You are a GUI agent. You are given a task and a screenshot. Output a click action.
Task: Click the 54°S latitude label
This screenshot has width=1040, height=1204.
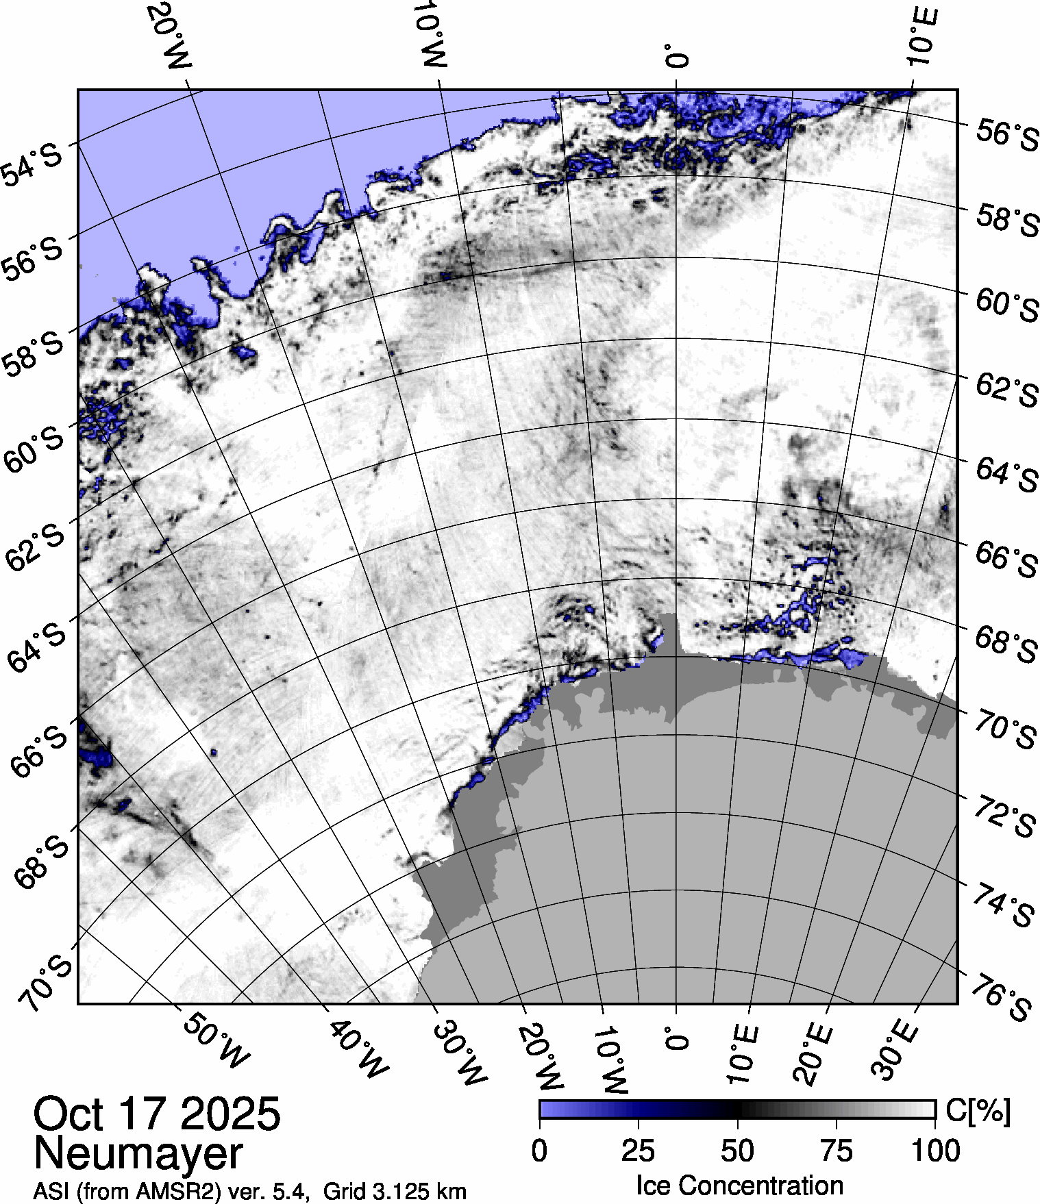(x=32, y=164)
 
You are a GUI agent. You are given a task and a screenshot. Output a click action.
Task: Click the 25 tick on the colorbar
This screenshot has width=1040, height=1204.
(x=639, y=1151)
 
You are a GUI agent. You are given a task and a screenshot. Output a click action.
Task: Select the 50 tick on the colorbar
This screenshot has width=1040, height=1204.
(x=738, y=1151)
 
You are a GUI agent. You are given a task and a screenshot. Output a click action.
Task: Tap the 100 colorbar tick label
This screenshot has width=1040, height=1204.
(x=937, y=1151)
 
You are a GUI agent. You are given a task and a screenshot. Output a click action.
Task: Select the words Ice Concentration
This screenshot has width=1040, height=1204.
(x=739, y=1185)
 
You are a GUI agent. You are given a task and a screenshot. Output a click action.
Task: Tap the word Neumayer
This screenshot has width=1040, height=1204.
(x=138, y=1153)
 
